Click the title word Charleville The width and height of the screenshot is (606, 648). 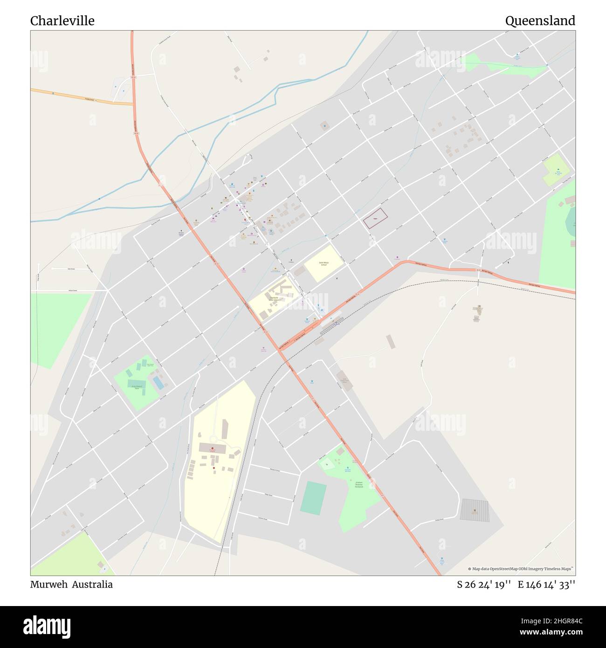point(62,21)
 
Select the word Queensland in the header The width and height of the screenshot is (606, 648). point(540,21)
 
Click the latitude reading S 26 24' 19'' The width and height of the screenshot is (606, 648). point(483,585)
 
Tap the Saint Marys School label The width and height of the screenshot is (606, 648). point(324,264)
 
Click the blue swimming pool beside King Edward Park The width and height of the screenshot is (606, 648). point(158,383)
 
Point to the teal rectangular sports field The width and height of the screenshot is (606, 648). point(313,498)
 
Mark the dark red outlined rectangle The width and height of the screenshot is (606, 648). point(375,218)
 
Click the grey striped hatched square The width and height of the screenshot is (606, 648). point(475,510)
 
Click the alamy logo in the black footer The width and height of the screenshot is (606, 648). point(47,626)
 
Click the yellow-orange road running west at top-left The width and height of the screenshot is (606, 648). point(79,97)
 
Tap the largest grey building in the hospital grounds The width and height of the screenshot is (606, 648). point(213,448)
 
